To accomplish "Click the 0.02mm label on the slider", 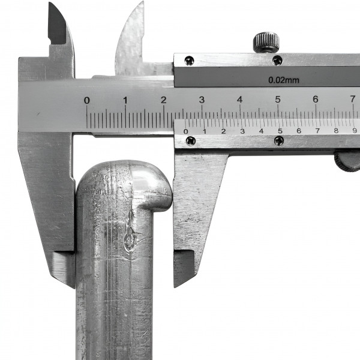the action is click(x=284, y=80).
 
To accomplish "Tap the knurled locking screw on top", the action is click(x=266, y=43).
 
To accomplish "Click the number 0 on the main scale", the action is click(x=86, y=100).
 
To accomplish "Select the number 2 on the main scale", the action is click(x=163, y=100).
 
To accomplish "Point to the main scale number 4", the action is click(x=239, y=100).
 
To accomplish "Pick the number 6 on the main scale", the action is click(x=316, y=99).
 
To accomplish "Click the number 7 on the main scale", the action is click(x=353, y=99).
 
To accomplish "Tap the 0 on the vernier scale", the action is click(x=186, y=131).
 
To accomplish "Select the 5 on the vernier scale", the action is click(x=280, y=131).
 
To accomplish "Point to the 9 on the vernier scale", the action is click(x=355, y=131).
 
